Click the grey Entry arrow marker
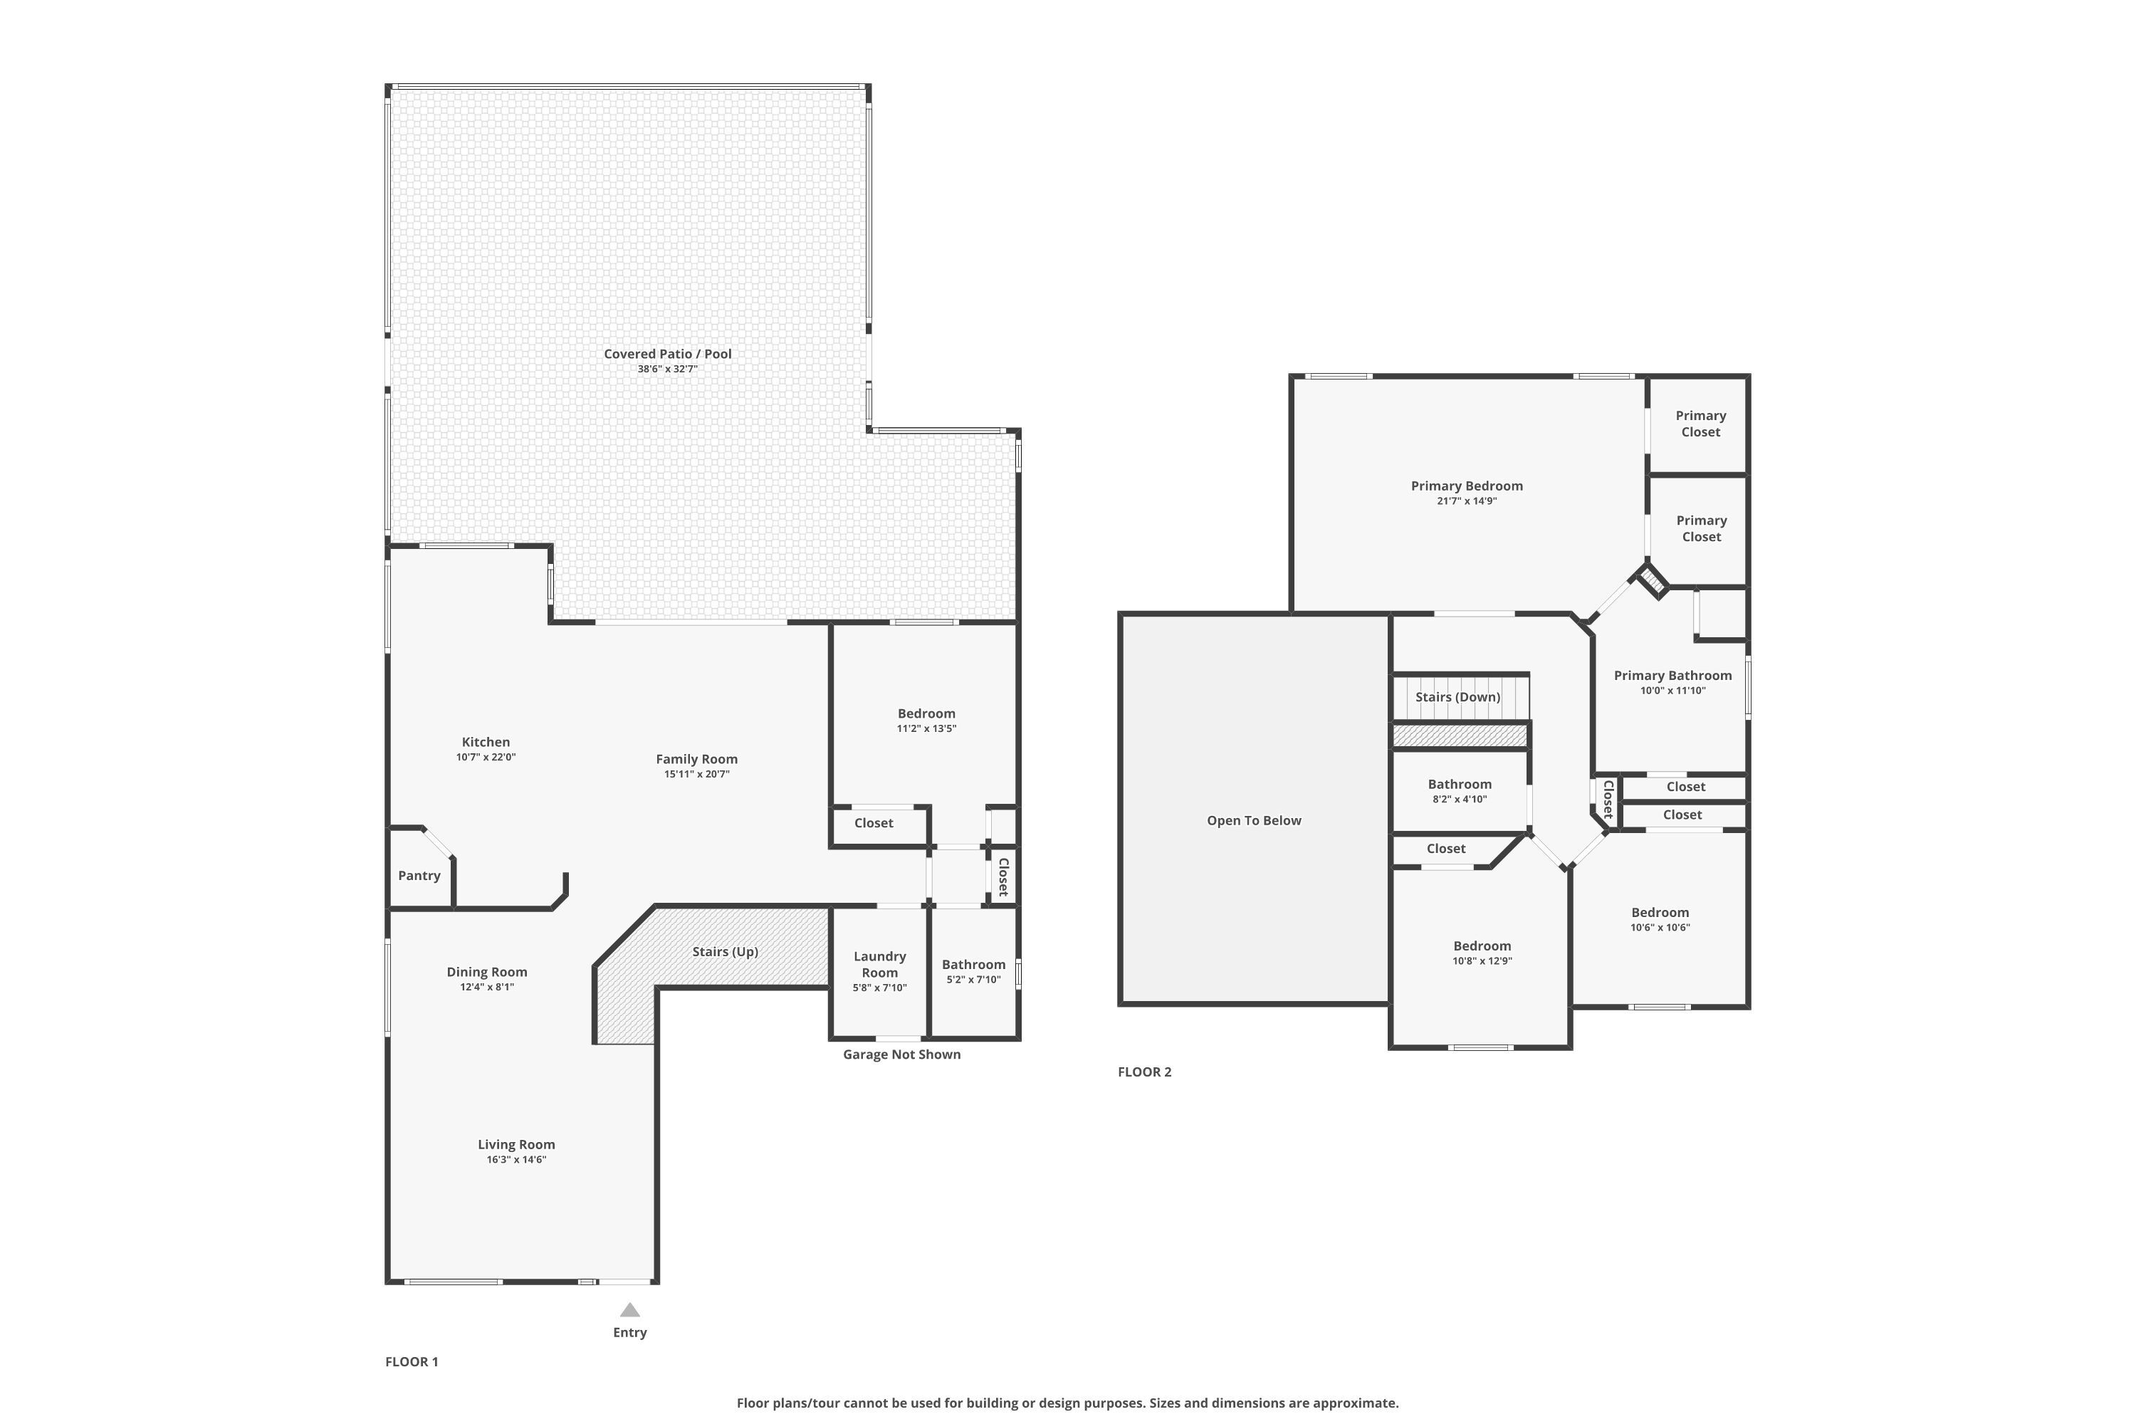click(x=629, y=1309)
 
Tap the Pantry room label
click(x=419, y=876)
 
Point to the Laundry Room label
click(x=879, y=963)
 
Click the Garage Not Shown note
click(x=901, y=1054)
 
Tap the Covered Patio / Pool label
click(x=668, y=354)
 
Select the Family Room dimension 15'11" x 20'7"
click(x=696, y=775)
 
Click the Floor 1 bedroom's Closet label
click(x=874, y=823)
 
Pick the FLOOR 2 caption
click(x=1144, y=1072)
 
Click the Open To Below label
click(x=1253, y=820)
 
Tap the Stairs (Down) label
click(x=1457, y=696)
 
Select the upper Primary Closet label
click(x=1700, y=423)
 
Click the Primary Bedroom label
click(x=1467, y=486)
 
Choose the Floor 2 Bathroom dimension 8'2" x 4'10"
click(x=1460, y=799)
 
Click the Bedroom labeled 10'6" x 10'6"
click(x=1659, y=913)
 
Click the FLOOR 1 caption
click(x=412, y=1361)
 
